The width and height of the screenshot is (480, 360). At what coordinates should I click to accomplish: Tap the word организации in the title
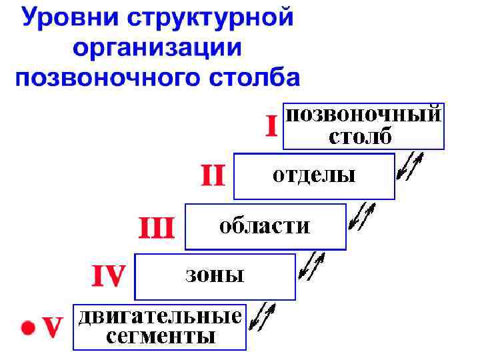(x=158, y=48)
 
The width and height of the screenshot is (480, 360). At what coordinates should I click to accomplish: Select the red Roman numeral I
(x=271, y=125)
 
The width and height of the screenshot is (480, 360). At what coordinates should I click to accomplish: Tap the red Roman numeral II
(x=213, y=176)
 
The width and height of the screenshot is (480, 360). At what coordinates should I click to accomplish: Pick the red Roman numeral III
(x=156, y=228)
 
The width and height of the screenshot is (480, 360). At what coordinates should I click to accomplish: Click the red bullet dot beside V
(x=27, y=327)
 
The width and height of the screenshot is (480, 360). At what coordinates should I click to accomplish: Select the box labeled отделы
(x=314, y=176)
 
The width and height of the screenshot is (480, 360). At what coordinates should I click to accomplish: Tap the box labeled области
(x=265, y=227)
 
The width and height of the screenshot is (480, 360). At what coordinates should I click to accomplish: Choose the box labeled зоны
(x=215, y=276)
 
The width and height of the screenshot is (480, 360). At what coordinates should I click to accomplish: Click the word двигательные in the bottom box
(x=159, y=316)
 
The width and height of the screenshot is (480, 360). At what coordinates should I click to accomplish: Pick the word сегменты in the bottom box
(x=160, y=336)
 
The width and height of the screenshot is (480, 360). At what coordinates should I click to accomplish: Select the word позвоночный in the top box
(x=364, y=114)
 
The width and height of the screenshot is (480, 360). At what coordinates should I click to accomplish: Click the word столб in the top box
(x=361, y=137)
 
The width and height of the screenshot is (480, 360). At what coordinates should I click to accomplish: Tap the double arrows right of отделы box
(x=409, y=167)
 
